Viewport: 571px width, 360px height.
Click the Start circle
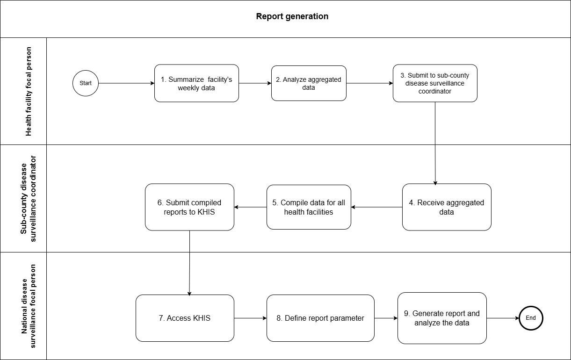click(x=86, y=83)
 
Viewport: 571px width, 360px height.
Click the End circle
click(x=531, y=318)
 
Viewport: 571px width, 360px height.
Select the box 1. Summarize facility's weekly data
click(x=196, y=83)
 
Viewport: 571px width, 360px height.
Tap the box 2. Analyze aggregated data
click(x=309, y=83)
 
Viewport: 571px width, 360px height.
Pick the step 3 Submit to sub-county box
click(x=435, y=83)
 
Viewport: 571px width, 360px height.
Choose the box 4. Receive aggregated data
click(x=447, y=207)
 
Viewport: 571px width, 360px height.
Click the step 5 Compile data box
click(x=309, y=207)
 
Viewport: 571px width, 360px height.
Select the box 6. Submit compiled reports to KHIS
click(x=189, y=207)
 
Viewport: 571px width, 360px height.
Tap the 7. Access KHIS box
click(x=185, y=318)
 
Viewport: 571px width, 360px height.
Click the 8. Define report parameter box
click(x=320, y=318)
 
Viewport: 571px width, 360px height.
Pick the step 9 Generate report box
click(x=442, y=318)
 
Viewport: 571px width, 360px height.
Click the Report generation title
click(x=292, y=16)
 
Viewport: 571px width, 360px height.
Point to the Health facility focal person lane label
click(x=29, y=91)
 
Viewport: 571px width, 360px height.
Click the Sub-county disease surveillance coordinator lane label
click(x=29, y=199)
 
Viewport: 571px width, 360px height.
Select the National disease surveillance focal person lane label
click(x=29, y=306)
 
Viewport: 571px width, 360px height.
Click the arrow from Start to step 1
click(x=126, y=83)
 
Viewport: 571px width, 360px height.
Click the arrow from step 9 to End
click(x=503, y=318)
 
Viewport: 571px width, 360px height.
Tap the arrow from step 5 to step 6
click(x=250, y=207)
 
